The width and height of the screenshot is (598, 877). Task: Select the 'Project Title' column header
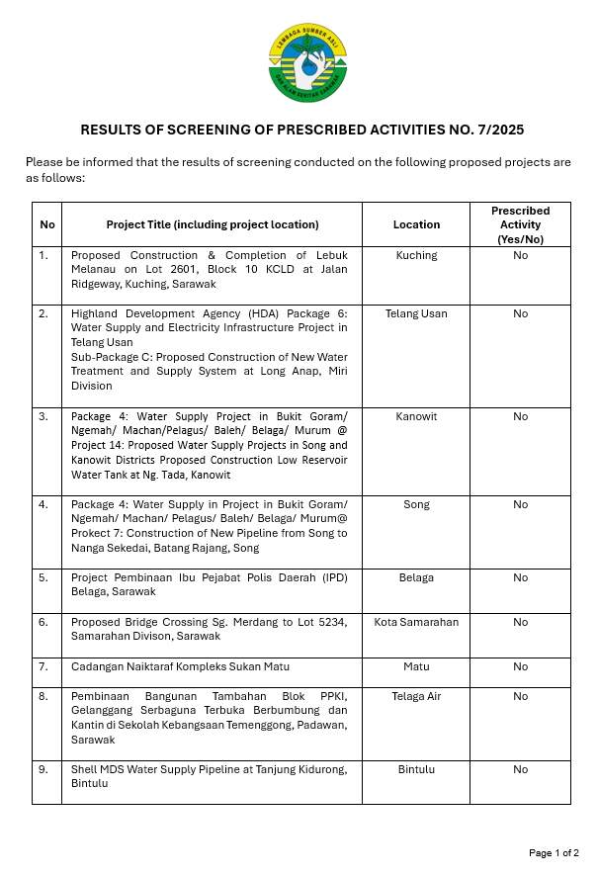click(213, 224)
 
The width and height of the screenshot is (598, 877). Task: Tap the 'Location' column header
click(416, 224)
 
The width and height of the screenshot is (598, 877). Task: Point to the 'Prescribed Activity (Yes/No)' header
click(520, 224)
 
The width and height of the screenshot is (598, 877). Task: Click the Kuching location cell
click(416, 255)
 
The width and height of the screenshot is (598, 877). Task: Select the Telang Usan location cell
click(416, 313)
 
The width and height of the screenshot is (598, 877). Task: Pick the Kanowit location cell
click(416, 416)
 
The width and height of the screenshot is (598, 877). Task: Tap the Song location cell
click(416, 504)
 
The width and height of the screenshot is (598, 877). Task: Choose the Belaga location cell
click(416, 577)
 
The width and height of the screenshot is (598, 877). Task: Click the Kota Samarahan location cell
click(416, 622)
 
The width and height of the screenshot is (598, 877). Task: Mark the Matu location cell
click(416, 666)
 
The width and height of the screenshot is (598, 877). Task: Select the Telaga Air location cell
click(416, 696)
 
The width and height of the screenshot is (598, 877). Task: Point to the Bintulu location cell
click(416, 769)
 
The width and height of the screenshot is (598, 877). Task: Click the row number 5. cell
click(43, 577)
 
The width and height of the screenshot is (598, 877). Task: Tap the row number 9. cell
click(43, 769)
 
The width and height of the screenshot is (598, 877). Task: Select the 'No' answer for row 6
click(520, 622)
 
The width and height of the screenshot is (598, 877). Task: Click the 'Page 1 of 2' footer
click(554, 852)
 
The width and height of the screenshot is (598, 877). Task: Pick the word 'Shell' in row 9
click(84, 769)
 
